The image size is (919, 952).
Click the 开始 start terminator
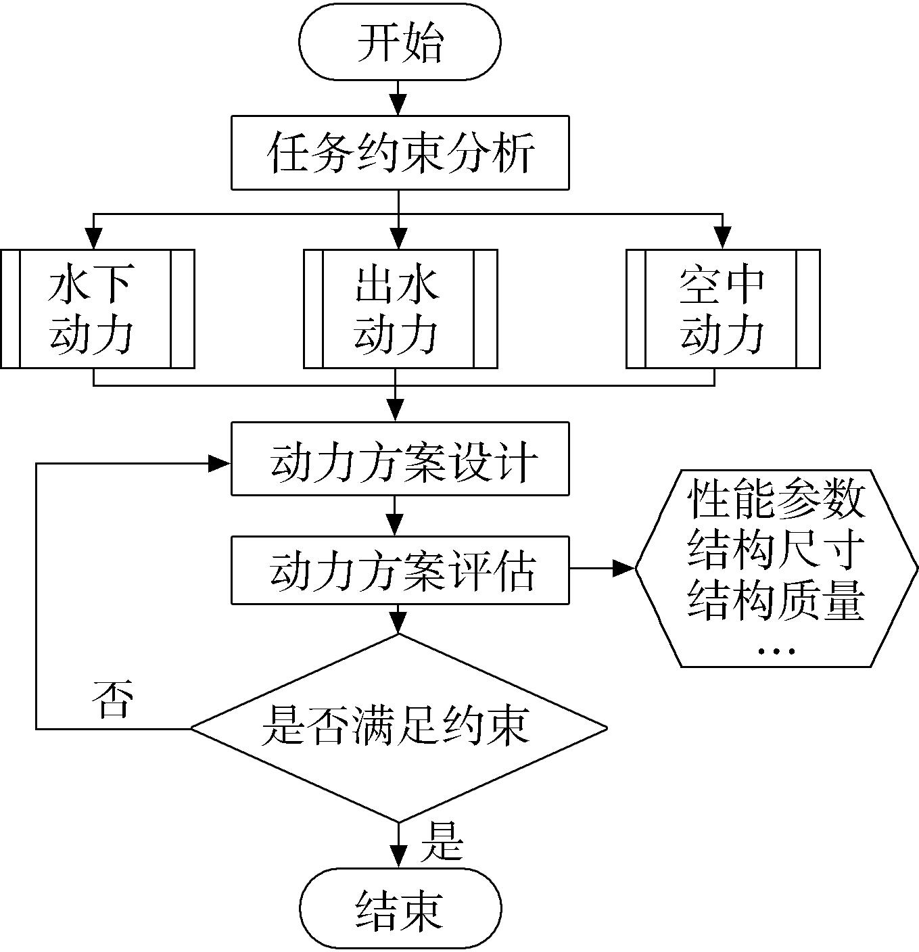click(x=400, y=41)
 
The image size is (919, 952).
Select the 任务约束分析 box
click(x=400, y=153)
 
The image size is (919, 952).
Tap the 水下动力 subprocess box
click(x=97, y=309)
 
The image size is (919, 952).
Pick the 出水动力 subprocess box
click(x=400, y=309)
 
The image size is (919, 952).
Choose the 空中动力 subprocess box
click(x=724, y=309)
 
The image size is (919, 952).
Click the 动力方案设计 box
click(x=400, y=459)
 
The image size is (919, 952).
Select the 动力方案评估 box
click(x=400, y=570)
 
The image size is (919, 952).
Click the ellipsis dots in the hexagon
click(x=776, y=650)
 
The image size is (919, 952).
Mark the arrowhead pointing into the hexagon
click(x=625, y=569)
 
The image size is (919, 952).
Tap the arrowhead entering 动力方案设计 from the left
click(x=220, y=463)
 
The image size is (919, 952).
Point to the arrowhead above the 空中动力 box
click(x=723, y=239)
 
